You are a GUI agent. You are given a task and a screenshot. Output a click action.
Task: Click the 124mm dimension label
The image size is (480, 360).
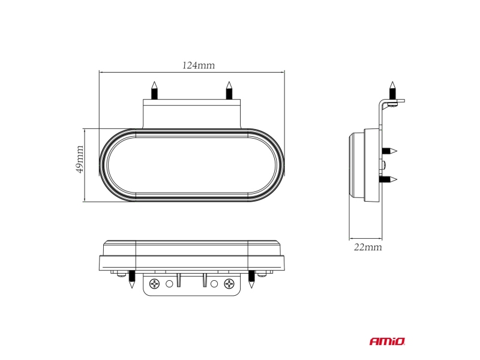(199, 65)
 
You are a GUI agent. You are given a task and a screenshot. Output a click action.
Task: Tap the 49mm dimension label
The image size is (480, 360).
(80, 159)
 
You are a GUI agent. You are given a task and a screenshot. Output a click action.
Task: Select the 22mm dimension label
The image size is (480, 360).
(368, 247)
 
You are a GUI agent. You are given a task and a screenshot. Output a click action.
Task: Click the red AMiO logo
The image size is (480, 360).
(387, 341)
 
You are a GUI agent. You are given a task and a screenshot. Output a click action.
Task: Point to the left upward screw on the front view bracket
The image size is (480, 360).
(155, 91)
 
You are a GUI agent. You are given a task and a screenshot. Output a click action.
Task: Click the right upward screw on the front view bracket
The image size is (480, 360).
(229, 91)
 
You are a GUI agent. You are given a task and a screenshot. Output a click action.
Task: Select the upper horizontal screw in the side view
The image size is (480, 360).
(389, 151)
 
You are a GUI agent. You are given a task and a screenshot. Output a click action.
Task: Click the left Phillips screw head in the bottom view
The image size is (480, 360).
(155, 284)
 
